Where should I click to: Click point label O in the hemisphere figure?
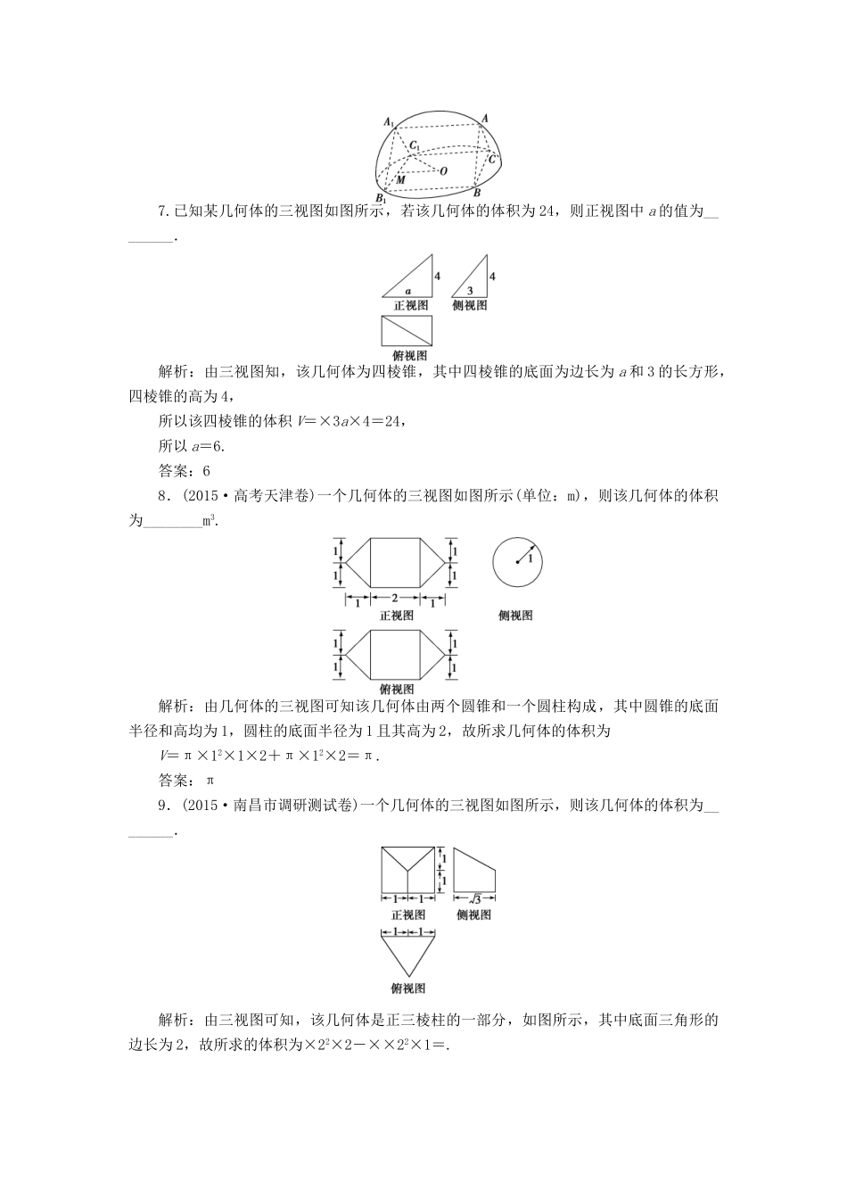444,170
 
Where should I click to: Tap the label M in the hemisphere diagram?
400,179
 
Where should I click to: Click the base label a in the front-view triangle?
407,291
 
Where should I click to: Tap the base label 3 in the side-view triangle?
469,291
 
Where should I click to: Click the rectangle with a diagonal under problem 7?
407,331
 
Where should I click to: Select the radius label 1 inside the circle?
530,558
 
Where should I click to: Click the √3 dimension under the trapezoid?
474,898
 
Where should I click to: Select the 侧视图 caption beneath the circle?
516,616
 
